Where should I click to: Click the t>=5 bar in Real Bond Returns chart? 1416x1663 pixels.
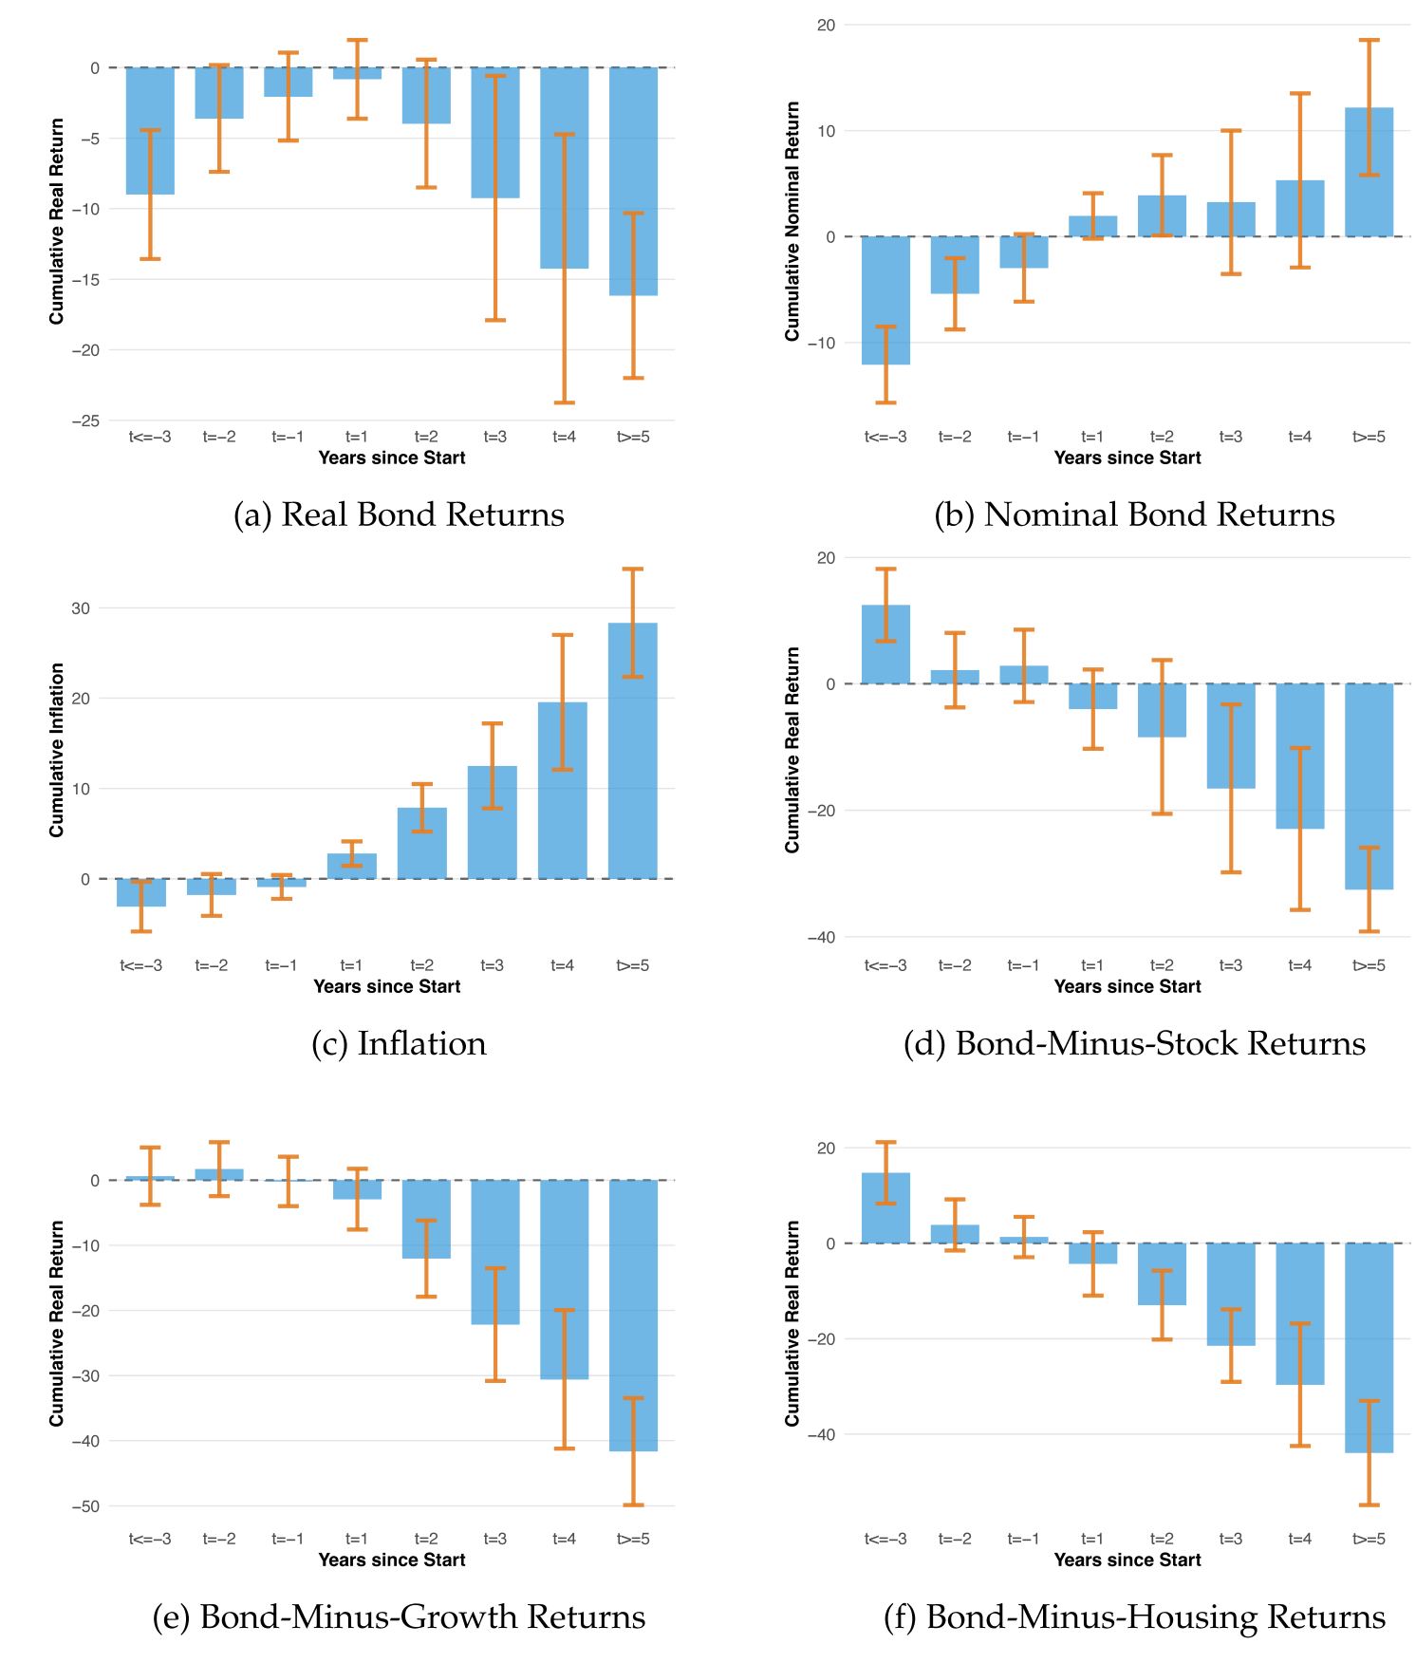click(x=633, y=180)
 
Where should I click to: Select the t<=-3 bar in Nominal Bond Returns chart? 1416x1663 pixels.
click(x=885, y=300)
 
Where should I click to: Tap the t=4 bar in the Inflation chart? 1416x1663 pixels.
click(x=563, y=790)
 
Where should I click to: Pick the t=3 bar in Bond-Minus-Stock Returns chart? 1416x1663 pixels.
click(x=1231, y=736)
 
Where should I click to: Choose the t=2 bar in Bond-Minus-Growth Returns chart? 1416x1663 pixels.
click(x=426, y=1219)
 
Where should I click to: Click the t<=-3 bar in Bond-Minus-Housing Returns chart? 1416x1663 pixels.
click(x=885, y=1207)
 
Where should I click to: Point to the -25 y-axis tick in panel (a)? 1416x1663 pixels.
click(x=87, y=420)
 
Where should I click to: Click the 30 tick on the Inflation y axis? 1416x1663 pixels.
click(x=81, y=608)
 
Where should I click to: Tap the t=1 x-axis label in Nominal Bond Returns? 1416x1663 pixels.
click(x=1092, y=437)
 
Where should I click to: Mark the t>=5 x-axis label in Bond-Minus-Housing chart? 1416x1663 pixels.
click(x=1369, y=1539)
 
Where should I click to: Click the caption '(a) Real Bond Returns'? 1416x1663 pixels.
click(x=399, y=514)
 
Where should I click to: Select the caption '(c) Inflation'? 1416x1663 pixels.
click(x=399, y=1043)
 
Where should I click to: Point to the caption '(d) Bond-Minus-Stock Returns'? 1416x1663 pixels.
click(x=1134, y=1043)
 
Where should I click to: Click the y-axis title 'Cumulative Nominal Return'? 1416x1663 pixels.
click(x=792, y=221)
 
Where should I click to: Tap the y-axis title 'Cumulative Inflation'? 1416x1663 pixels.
click(x=57, y=750)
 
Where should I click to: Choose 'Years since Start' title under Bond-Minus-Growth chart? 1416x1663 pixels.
click(x=392, y=1560)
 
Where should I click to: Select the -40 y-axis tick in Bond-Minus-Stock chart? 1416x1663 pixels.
click(x=823, y=938)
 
